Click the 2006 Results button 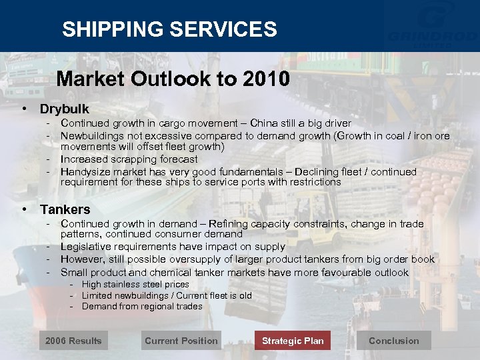click(x=73, y=341)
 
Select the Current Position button click(x=181, y=341)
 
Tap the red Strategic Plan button click(x=293, y=341)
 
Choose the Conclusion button click(x=394, y=341)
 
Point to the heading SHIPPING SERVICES click(x=169, y=29)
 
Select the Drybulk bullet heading click(x=64, y=109)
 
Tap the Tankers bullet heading click(x=65, y=210)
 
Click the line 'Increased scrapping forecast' click(x=129, y=159)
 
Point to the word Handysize click(x=85, y=172)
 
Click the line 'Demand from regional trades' click(x=142, y=307)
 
